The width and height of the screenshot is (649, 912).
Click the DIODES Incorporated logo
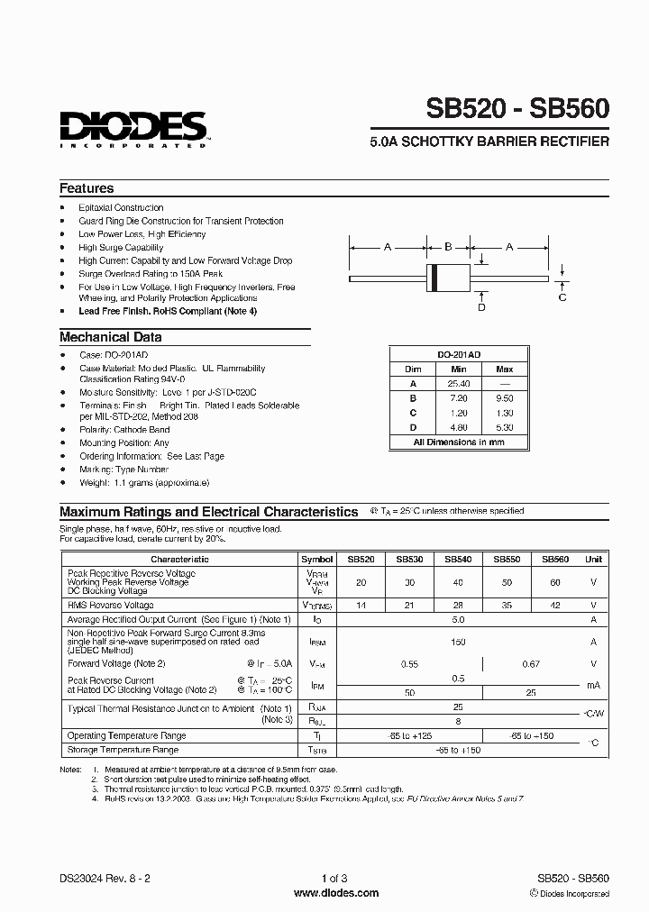[133, 129]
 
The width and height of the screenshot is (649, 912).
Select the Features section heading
[87, 188]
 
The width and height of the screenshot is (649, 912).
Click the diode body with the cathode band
[448, 278]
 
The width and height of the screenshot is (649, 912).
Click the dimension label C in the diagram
[562, 296]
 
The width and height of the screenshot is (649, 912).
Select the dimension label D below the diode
[481, 307]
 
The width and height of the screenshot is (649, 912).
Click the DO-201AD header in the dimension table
[459, 356]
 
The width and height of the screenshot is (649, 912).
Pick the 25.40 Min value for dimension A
[459, 384]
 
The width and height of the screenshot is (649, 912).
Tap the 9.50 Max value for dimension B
[504, 398]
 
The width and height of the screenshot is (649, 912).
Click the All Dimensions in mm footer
[459, 442]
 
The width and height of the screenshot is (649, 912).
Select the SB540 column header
[458, 559]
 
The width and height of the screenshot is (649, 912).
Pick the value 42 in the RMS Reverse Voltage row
[555, 605]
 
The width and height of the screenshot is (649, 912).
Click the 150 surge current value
[458, 642]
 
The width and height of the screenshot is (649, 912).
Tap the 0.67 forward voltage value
[530, 664]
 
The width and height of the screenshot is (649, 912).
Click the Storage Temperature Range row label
[123, 750]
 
